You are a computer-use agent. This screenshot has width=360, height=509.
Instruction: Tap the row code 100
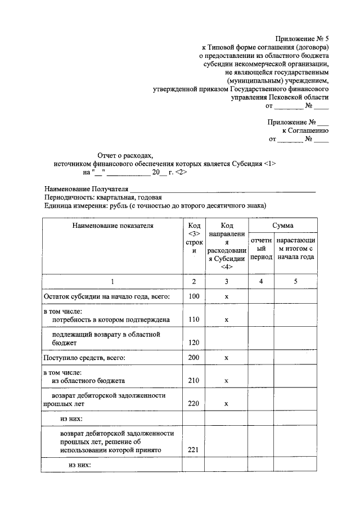point(194,296)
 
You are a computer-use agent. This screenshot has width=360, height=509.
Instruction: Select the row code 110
point(194,319)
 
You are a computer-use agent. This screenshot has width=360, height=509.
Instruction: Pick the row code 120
point(194,342)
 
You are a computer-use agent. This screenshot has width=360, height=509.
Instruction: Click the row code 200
point(194,357)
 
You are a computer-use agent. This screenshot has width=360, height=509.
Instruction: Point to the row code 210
point(194,380)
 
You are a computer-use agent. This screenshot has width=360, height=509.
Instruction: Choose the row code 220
point(194,403)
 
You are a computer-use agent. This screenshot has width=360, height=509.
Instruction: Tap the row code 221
point(194,450)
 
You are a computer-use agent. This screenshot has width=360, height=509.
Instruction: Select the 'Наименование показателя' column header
point(112,226)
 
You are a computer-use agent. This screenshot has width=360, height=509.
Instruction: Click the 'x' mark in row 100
point(226,296)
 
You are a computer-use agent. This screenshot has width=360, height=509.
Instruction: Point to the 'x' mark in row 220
point(226,403)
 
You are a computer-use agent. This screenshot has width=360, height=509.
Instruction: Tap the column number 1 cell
point(112,281)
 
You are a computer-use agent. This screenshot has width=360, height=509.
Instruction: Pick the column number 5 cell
point(295,281)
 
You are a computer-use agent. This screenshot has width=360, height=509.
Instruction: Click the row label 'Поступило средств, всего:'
point(84,357)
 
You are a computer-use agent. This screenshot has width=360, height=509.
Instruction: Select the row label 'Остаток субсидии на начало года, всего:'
point(107,296)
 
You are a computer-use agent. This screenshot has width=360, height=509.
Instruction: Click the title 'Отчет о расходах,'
point(125,155)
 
